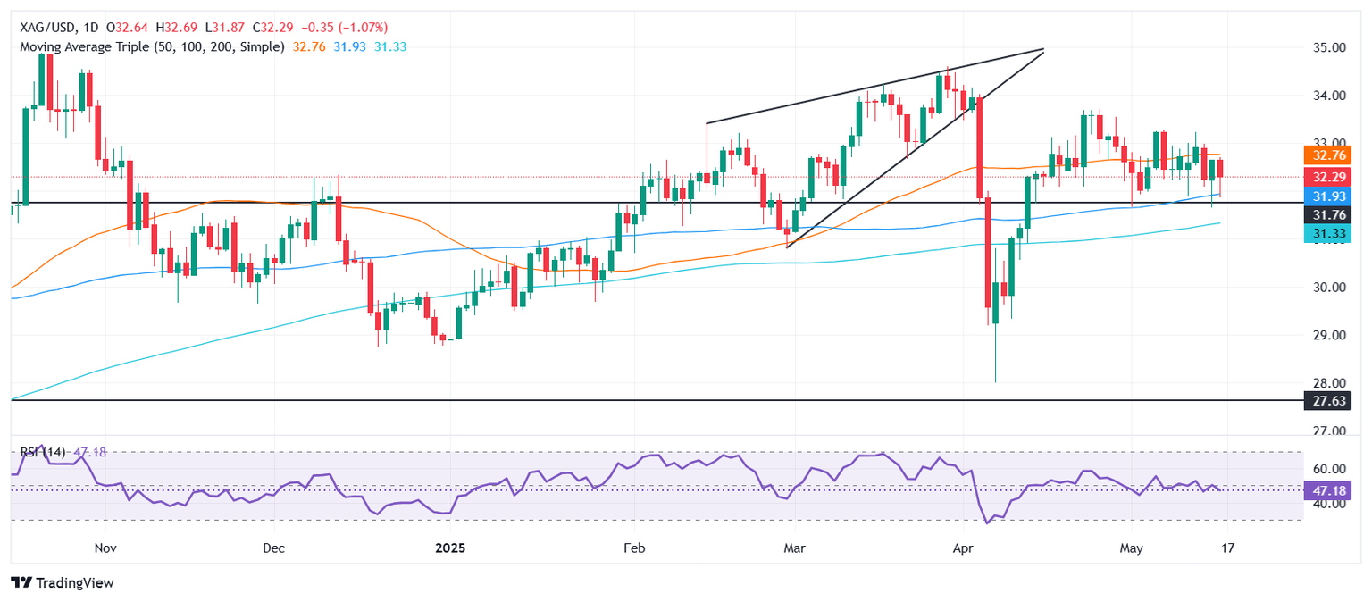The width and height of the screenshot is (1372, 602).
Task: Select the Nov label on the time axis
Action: [105, 547]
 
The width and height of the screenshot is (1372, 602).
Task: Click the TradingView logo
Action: [63, 582]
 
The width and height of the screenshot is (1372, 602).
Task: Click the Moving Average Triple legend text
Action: [152, 46]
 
